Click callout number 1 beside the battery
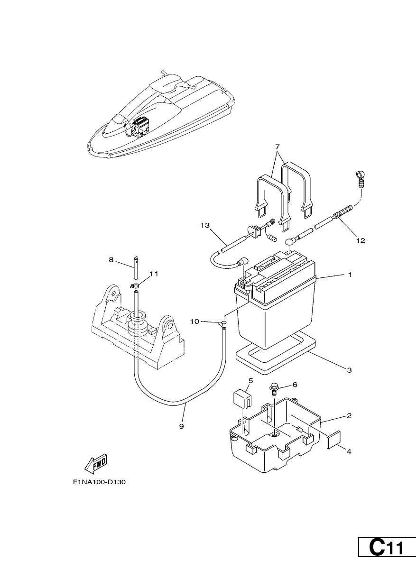point(350,275)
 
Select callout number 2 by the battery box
point(349,416)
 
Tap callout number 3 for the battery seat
point(349,370)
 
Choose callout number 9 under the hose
point(182,426)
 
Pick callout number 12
point(361,240)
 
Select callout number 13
point(205,225)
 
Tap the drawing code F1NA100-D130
point(100,482)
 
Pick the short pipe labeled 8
point(135,268)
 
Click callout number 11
point(154,274)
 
